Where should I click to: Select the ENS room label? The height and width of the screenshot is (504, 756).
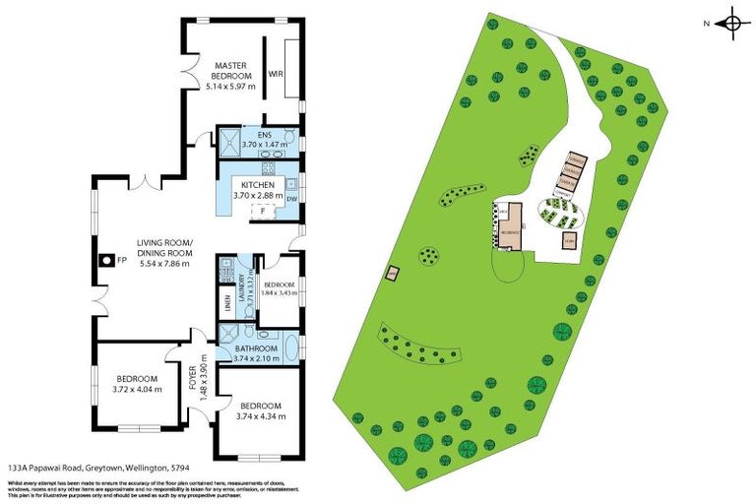(x=264, y=134)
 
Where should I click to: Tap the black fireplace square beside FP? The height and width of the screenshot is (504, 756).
(x=104, y=260)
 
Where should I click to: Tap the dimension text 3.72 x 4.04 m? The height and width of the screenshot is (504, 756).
(x=137, y=390)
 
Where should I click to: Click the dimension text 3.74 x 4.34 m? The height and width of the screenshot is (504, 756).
(x=261, y=416)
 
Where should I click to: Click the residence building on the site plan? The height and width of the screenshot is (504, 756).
(x=509, y=232)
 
